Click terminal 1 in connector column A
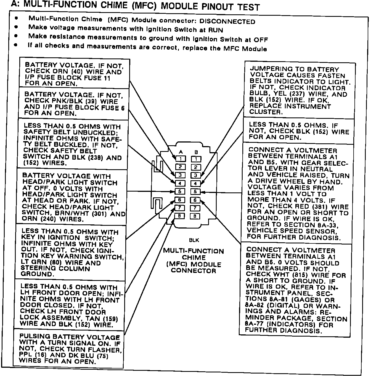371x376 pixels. [181, 159]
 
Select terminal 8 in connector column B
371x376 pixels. [195, 216]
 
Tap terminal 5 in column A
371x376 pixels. [180, 191]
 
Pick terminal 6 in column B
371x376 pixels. [195, 200]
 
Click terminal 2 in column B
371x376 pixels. [196, 167]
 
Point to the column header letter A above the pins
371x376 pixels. [181, 152]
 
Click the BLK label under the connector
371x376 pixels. [194, 240]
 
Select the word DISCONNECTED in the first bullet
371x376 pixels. [227, 22]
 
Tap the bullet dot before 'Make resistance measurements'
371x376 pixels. [16, 36]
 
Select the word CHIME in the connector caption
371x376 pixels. [194, 257]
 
